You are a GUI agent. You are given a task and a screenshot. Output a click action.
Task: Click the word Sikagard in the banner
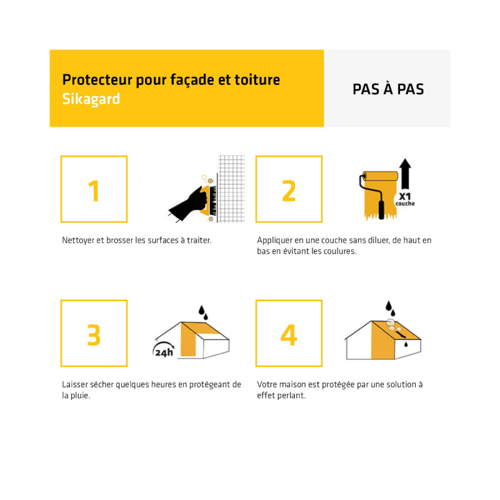click(91, 99)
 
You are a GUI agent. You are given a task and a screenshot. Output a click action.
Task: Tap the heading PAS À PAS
click(388, 89)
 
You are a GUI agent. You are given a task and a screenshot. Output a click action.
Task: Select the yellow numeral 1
click(94, 191)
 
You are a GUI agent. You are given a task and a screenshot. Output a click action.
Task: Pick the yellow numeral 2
click(289, 191)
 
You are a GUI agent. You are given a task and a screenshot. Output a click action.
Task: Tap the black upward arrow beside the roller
click(405, 174)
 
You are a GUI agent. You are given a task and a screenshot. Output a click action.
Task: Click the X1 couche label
click(405, 199)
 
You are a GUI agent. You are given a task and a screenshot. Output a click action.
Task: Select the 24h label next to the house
click(164, 352)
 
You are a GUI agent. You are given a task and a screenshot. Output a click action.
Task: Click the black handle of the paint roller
click(381, 209)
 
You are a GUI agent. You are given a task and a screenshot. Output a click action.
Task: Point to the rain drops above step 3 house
click(203, 312)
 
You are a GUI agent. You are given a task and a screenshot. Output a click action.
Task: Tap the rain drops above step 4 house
click(390, 308)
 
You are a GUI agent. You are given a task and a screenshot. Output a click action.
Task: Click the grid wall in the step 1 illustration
click(231, 189)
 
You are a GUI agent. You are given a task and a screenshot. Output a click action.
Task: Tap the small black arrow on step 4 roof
click(401, 334)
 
